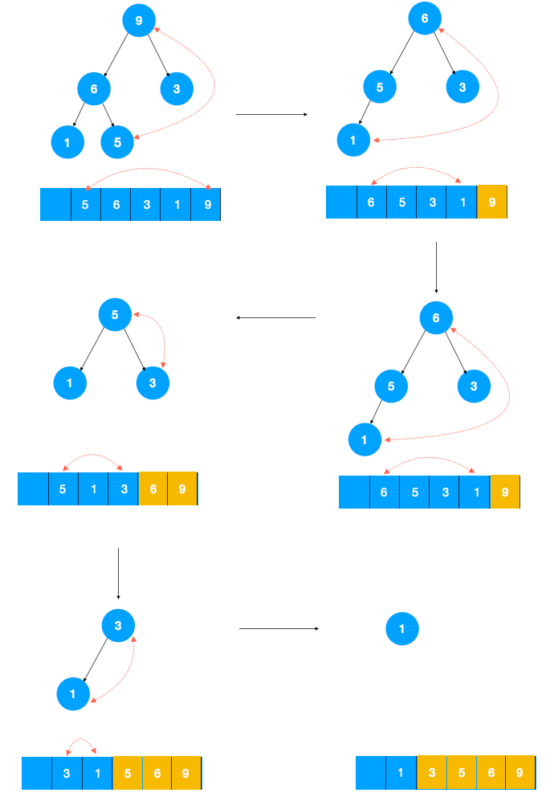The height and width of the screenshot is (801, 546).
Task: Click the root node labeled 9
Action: click(139, 20)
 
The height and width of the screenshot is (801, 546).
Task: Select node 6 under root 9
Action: click(94, 88)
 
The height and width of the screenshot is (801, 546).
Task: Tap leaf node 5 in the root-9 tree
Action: click(116, 142)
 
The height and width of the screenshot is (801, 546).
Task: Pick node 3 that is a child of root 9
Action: click(177, 88)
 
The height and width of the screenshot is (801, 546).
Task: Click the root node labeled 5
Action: click(115, 315)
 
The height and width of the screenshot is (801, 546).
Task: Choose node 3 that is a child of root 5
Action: click(153, 383)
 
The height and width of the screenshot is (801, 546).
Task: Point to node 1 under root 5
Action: click(70, 383)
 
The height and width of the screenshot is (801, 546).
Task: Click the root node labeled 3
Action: click(118, 625)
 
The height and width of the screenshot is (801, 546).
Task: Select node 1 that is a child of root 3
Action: click(73, 693)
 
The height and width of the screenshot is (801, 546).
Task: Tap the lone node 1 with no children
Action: click(402, 629)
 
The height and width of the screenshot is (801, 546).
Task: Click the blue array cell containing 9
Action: click(206, 205)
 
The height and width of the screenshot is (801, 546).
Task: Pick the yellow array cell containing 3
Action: click(432, 773)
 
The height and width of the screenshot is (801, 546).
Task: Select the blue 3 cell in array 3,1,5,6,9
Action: click(67, 774)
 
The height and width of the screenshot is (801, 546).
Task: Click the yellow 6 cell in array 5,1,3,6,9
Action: click(153, 488)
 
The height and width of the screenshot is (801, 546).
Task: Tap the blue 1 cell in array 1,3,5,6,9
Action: click(401, 773)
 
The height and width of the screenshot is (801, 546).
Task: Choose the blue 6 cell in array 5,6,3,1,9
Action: click(116, 205)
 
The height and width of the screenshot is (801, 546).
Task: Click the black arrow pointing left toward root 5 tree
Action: click(275, 318)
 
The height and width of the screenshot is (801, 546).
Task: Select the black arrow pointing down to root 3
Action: click(118, 574)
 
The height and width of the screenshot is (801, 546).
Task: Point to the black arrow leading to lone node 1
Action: click(279, 629)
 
